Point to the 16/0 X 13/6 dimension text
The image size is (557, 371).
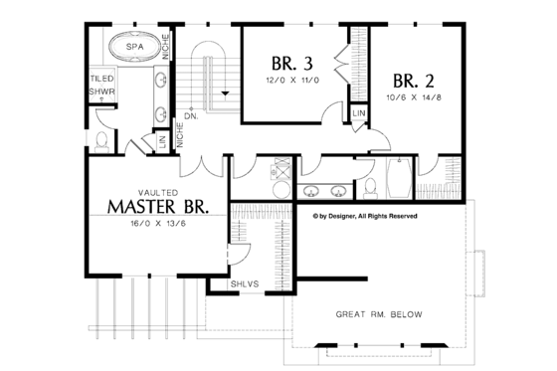click(157, 226)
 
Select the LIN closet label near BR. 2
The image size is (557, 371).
click(358, 117)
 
